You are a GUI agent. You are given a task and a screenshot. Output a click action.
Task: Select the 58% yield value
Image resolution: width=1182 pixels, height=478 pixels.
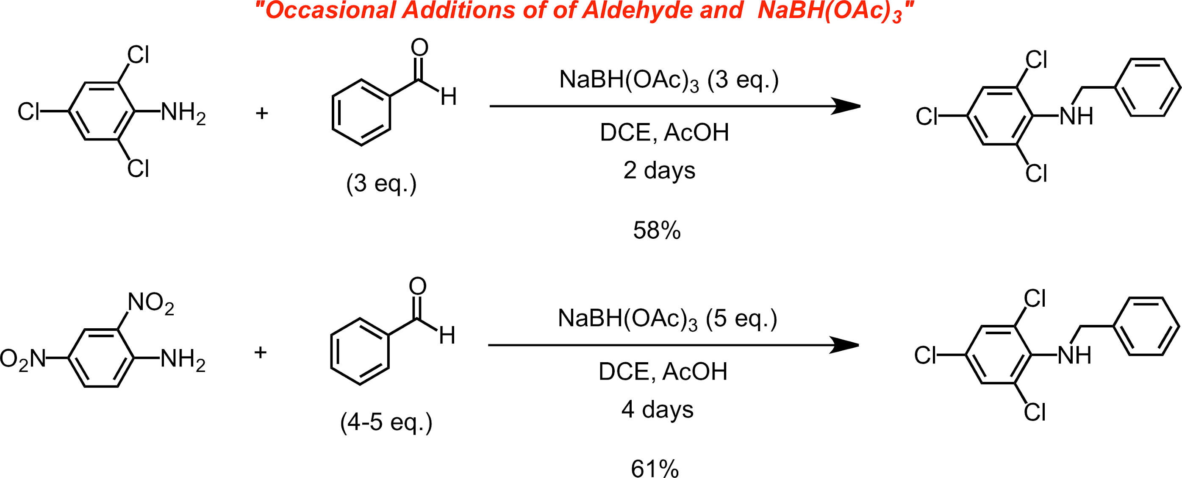coord(657,230)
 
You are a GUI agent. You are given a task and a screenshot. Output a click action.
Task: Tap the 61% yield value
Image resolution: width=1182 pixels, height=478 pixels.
coord(655,468)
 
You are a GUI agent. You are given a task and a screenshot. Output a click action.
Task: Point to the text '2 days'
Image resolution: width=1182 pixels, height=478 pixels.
coord(659,171)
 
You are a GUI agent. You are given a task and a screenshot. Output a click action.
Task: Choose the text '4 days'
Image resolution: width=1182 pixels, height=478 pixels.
coord(657,409)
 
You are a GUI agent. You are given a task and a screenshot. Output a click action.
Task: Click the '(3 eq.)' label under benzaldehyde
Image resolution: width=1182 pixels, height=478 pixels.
coord(381,184)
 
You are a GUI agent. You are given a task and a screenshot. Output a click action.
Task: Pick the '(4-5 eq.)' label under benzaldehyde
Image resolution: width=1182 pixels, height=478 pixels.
coord(386,422)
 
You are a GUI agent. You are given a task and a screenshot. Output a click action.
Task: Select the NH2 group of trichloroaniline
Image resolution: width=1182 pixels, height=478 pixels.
coord(183,112)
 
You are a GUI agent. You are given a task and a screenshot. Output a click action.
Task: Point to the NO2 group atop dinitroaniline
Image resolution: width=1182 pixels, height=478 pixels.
coord(150,303)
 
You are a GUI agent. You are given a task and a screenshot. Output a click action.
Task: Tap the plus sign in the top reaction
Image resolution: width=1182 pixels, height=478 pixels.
coord(261,113)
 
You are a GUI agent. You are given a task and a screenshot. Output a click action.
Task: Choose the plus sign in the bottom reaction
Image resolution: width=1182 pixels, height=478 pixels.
coord(260,352)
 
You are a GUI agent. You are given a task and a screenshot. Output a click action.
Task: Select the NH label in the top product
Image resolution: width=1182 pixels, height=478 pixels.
coord(1076,116)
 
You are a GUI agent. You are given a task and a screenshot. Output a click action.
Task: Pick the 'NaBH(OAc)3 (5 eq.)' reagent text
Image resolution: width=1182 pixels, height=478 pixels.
coord(668,318)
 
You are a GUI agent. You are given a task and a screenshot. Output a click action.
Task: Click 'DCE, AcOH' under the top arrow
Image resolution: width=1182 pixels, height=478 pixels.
coord(664,132)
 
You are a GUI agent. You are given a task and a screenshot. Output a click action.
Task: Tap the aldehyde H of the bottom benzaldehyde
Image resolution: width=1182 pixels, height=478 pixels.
coord(447,335)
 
